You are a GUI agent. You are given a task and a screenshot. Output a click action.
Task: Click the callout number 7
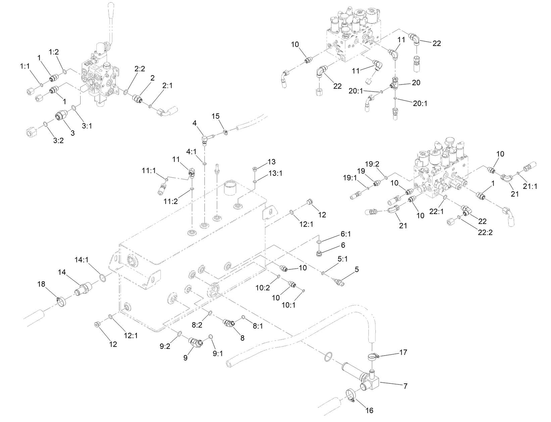tap(405, 386)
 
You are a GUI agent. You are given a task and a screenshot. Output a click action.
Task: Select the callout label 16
tap(369, 410)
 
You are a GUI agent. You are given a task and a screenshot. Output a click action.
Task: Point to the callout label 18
tap(41, 284)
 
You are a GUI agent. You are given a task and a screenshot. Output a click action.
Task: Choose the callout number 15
tap(215, 116)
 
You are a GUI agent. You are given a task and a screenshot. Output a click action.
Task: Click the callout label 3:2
tap(58, 141)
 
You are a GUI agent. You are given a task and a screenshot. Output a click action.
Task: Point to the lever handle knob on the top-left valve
tap(111, 10)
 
